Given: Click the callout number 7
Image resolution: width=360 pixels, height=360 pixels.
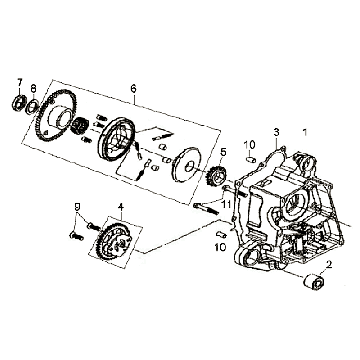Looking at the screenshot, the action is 20,82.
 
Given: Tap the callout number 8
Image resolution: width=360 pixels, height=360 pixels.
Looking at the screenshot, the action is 33,89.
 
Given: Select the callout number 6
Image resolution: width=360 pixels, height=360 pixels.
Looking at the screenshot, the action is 133,89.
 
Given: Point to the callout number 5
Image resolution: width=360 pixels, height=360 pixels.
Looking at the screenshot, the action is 223,153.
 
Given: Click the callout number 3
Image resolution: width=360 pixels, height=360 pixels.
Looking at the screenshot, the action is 276,132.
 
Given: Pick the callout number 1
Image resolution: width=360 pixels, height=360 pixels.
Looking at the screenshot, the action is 304,132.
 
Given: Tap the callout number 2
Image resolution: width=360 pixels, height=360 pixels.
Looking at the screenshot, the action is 329,265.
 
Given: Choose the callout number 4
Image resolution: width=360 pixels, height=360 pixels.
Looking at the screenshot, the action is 121,208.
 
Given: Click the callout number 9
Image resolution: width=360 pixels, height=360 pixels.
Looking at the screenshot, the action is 77,207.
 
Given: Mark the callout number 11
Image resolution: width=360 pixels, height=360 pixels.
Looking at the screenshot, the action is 227,204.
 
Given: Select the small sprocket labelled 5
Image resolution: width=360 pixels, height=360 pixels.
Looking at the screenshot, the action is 215,177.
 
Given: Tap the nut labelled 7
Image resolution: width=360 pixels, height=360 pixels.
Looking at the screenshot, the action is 19,103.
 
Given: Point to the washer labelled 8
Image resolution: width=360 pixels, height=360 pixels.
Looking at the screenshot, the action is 33,107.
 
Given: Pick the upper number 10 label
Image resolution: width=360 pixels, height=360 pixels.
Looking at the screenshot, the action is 249,145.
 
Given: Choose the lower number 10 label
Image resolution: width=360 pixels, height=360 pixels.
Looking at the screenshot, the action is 221,247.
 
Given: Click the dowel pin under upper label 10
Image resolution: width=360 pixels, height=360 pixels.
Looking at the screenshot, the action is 252,159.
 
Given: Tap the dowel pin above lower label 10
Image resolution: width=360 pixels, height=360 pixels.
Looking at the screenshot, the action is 221,235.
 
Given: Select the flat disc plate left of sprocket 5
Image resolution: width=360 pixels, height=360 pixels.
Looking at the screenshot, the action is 186,166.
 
